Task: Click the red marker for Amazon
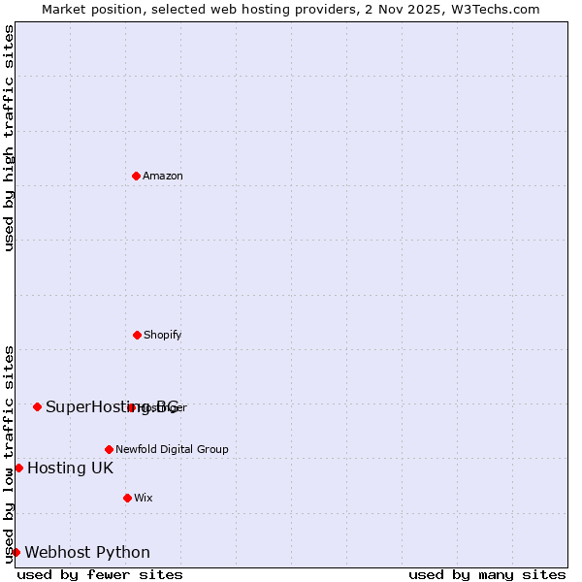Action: coord(136,176)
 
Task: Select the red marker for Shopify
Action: coord(137,335)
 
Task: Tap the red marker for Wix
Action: coord(127,498)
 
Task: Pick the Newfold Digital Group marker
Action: coord(109,449)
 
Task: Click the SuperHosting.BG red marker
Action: coord(37,406)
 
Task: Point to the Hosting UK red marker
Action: coord(18,468)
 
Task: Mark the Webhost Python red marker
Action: coord(16,552)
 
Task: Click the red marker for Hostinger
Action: coord(131,407)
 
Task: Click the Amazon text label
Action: coord(163,176)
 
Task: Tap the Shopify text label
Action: coord(163,335)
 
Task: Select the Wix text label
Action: coord(144,498)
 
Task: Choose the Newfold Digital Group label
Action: coord(172,449)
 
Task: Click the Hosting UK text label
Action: coord(70,469)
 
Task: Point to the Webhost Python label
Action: coord(87,553)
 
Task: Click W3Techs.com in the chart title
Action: coord(491,9)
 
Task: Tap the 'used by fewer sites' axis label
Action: coord(100,574)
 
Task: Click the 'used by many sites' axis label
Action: coord(487,574)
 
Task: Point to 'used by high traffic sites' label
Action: coord(9,138)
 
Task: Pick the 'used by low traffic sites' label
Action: coord(9,454)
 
